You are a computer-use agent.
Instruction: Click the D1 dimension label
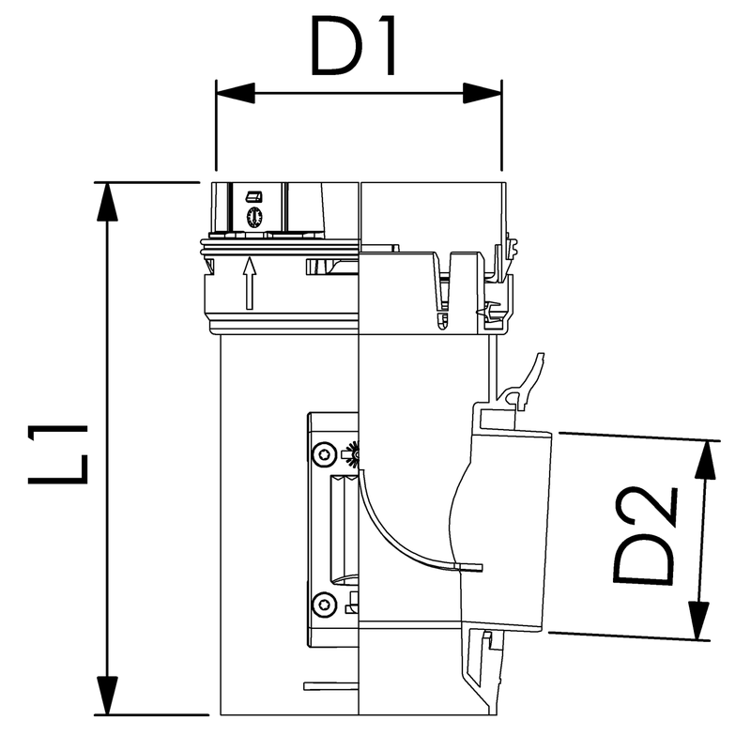354,47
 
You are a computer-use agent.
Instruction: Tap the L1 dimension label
58,454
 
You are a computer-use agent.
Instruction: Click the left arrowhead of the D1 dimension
236,93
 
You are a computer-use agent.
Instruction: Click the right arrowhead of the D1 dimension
483,93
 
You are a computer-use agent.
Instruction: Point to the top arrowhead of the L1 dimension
107,202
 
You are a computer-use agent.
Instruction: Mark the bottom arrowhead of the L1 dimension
107,696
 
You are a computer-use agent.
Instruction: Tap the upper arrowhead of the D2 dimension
706,460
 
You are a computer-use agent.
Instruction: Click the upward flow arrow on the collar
249,284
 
